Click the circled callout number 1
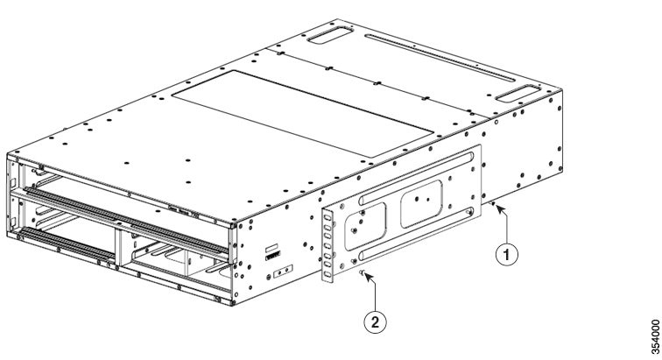(507, 254)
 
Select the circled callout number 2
(376, 322)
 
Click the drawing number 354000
(655, 336)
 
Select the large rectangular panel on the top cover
(303, 114)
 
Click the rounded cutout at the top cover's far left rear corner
(330, 35)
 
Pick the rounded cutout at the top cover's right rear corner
(518, 94)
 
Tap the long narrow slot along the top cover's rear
(440, 58)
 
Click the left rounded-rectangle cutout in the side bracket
(365, 226)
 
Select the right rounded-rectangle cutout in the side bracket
(421, 204)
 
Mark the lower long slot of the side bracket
(416, 233)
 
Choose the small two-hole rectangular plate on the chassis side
(283, 272)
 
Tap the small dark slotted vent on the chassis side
(272, 256)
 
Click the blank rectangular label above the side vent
(271, 247)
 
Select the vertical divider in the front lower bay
(118, 250)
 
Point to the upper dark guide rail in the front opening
(127, 220)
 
